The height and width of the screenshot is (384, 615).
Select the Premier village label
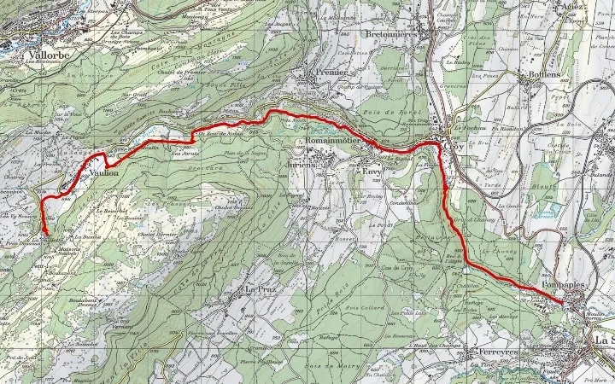point(331,74)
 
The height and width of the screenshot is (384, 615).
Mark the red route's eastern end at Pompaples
point(564,302)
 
